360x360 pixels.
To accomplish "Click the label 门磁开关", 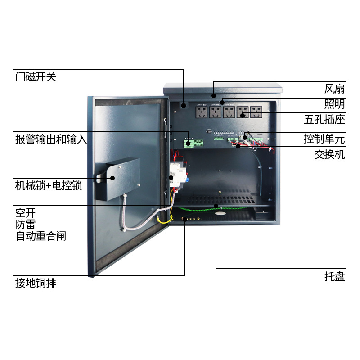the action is tap(36, 77).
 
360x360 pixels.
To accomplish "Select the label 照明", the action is tap(334, 104).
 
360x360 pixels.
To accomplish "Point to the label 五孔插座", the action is tap(324, 120).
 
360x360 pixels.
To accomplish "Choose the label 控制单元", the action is tap(324, 139).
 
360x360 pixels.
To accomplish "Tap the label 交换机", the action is tap(329, 155).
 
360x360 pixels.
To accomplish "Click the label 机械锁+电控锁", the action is tap(49, 185).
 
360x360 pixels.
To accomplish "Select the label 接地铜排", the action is tap(36, 283).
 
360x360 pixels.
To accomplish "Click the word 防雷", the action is tap(25, 224).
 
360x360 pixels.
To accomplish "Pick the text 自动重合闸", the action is tap(40, 236).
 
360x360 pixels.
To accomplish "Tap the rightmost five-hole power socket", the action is tap(256, 112).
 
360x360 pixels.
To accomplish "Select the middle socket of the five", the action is tap(229, 112).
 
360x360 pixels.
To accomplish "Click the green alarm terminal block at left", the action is tap(193, 144).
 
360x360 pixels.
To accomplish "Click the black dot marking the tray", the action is tap(216, 206).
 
